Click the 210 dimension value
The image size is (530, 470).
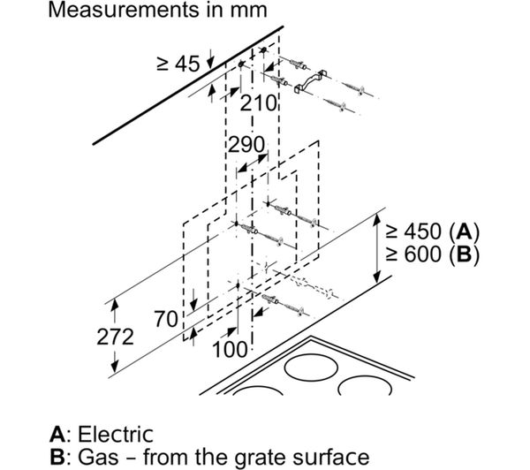pos(258,103)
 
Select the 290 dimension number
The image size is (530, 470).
pos(246,145)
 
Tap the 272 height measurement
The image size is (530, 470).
pos(115,337)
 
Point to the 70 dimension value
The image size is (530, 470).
pos(166,319)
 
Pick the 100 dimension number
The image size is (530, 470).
pos(231,349)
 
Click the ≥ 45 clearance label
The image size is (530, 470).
pos(178,64)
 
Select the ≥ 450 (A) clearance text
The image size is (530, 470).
pos(433,231)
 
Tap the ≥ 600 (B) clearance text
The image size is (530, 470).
pos(433,254)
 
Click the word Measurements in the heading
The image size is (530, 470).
pos(124,10)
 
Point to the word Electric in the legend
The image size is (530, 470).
pos(116,434)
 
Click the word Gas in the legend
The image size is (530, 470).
pos(98,457)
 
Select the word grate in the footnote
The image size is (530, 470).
pos(258,458)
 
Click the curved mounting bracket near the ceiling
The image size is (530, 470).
pos(311,81)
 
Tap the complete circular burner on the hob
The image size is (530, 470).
pos(311,368)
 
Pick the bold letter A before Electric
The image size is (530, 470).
pos(57,434)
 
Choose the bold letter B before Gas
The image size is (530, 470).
pos(57,457)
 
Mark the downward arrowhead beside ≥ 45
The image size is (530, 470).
pos(210,64)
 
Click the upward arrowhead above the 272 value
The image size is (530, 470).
pos(115,305)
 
